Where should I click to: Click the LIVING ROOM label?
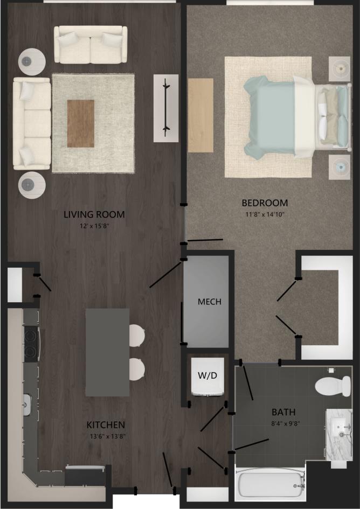94,214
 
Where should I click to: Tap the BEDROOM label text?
264,203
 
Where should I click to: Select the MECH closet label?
209,302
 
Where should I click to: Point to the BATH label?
283,413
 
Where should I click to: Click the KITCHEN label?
106,425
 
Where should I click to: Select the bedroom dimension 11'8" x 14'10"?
264,214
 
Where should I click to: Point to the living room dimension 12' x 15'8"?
94,226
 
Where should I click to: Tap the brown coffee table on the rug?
80,123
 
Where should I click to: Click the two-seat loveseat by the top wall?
90,45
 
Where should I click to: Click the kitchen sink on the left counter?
27,402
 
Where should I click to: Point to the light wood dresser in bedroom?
200,115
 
